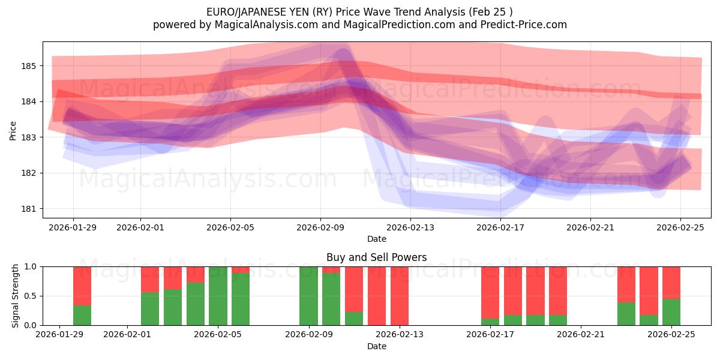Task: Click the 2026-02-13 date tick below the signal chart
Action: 399,335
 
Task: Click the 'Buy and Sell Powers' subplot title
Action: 376,257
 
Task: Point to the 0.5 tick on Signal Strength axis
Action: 29,296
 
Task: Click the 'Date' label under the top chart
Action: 376,239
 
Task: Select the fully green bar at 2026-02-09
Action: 308,296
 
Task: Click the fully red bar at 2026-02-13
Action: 399,296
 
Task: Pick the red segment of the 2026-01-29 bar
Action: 82,286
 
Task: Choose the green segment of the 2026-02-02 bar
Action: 150,308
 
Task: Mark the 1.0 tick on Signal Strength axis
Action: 29,266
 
